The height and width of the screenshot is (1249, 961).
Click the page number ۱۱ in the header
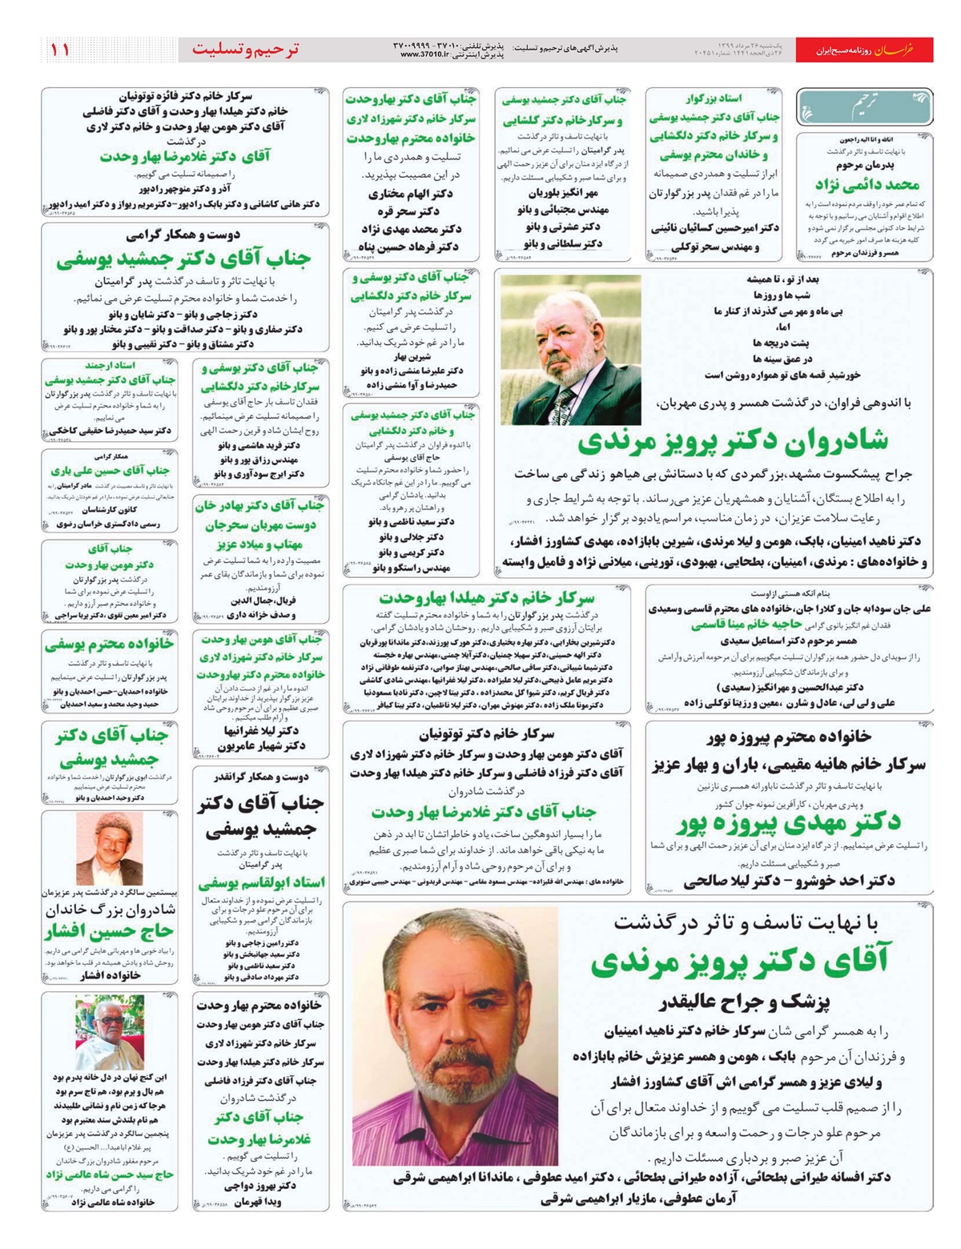click(60, 50)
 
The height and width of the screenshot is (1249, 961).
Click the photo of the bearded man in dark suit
click(570, 350)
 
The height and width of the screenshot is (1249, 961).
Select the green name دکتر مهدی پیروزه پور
click(789, 822)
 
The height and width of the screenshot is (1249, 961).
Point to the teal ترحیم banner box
click(865, 106)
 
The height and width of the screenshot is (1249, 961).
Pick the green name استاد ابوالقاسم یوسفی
click(261, 882)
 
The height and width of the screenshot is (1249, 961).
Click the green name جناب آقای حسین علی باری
click(110, 471)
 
